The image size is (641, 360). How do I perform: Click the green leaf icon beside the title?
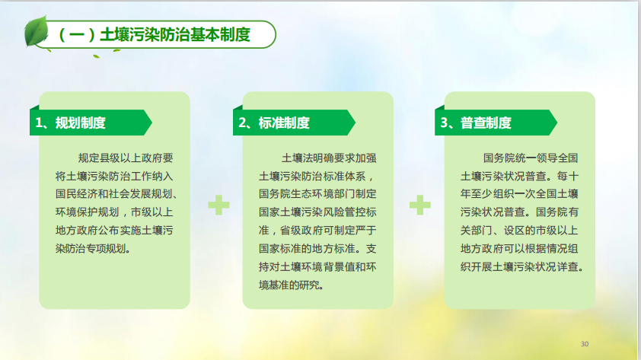[36, 31]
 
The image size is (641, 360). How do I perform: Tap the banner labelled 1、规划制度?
[91, 123]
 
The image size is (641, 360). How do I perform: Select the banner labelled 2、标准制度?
[294, 123]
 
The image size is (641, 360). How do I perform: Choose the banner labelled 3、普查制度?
[496, 123]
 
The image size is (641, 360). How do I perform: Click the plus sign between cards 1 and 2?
[218, 205]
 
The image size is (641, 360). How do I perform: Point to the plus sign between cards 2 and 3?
[420, 205]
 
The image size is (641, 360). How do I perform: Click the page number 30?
[585, 344]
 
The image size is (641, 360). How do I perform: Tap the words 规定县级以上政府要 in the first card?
[126, 158]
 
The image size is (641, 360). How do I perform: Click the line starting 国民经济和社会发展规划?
[116, 194]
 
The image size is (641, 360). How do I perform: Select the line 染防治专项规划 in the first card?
[93, 248]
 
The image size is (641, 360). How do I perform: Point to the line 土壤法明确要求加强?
[329, 158]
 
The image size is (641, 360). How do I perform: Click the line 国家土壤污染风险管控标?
[317, 212]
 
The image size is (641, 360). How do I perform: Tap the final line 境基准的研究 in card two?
[291, 285]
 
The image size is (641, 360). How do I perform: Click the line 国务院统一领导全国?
[531, 158]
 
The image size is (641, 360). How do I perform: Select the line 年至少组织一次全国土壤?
[519, 194]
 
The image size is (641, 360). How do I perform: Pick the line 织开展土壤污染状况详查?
[522, 267]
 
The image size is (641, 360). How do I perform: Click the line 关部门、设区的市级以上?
[519, 231]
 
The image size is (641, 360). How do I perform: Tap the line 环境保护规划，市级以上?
[114, 212]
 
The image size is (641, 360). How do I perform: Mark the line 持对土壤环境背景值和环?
[317, 267]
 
